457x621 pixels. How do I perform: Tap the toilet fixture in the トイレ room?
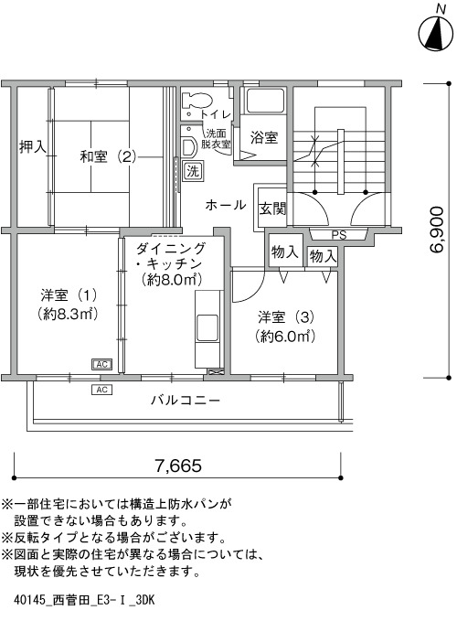pos(197,101)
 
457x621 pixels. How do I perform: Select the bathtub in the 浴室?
pos(264,101)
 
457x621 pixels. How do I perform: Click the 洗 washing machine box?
pos(193,171)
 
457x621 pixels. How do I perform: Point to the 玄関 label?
pos(272,209)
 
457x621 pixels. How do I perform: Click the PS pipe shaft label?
pos(339,235)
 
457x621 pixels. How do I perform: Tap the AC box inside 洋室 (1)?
pos(101,364)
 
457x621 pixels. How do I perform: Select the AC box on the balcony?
pos(101,390)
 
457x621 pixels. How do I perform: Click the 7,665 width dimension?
pos(177,466)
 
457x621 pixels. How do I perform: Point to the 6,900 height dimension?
pos(437,230)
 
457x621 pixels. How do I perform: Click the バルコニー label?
pos(186,401)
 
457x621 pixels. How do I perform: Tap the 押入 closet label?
pos(32,147)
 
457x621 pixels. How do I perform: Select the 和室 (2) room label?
pos(108,156)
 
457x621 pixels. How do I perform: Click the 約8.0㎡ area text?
pos(171,280)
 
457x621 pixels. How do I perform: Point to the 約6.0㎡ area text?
pos(286,337)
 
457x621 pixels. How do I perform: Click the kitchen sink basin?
pos(207,327)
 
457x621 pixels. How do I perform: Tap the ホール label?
pos(225,205)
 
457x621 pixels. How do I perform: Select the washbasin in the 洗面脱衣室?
pos(188,146)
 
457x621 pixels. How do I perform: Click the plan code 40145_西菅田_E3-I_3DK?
pos(84,600)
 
